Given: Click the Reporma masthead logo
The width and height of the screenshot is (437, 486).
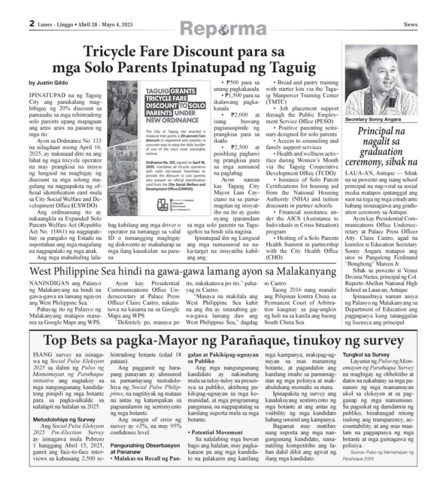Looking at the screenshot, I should (223, 29).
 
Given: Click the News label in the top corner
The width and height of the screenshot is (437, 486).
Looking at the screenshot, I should (410, 25).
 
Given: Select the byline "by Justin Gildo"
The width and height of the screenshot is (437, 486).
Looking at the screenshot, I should (46, 82).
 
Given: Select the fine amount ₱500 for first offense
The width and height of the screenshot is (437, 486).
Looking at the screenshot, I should (232, 82).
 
